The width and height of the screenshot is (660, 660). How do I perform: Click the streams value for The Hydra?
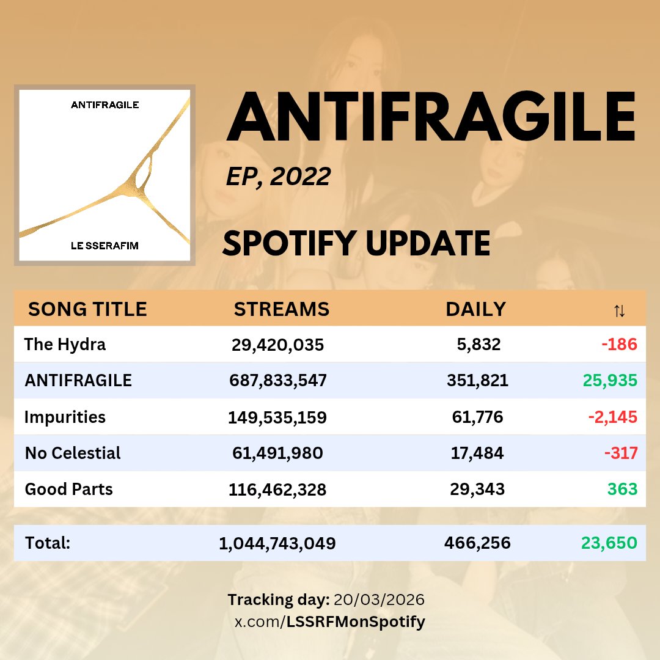coord(277,345)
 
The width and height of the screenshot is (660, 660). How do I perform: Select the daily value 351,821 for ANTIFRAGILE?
coord(477,381)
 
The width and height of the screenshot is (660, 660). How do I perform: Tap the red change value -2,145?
coord(612,417)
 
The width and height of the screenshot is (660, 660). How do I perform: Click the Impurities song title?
coord(65,417)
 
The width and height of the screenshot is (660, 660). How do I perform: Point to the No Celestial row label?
coord(73,453)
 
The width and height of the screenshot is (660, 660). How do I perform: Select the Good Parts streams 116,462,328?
coord(277,490)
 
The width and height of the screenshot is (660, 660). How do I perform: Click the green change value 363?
coord(622,490)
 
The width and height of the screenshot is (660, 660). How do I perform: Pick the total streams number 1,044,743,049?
coord(277,543)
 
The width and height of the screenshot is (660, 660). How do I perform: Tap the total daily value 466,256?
coord(477,543)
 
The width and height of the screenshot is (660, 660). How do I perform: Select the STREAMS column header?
coord(282,309)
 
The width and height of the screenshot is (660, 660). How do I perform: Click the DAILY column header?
coord(475,309)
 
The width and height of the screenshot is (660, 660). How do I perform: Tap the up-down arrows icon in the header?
coord(619,311)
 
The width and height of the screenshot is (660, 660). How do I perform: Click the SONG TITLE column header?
coord(87,309)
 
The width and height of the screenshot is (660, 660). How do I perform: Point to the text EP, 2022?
coord(278,177)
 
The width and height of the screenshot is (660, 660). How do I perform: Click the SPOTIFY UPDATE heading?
coord(356,243)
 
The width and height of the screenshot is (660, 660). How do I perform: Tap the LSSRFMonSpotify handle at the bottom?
coord(356,623)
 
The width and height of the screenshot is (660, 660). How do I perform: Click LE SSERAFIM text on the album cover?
coord(105,246)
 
